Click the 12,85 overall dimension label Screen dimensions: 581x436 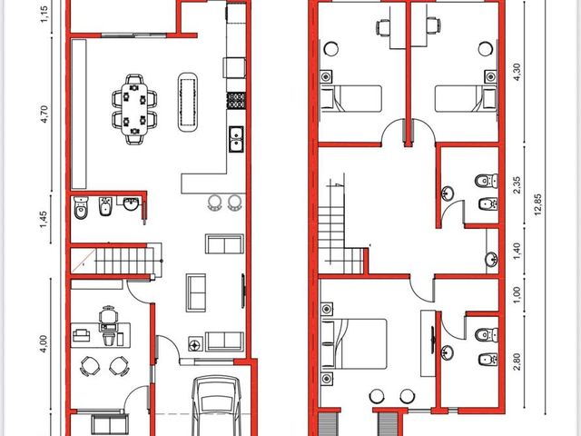pos(538,204)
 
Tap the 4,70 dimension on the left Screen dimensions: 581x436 pos(44,114)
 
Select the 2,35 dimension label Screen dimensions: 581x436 pos(517,185)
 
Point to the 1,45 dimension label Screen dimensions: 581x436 pos(44,219)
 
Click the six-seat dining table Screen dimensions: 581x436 pos(134,109)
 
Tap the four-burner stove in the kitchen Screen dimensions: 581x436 pos(236,100)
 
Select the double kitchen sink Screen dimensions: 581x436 pos(236,139)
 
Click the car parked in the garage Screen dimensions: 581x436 pos(217,406)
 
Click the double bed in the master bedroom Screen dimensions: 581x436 pos(354,343)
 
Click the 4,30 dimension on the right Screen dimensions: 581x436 pos(517,72)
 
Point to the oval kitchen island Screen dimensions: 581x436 pos(188,102)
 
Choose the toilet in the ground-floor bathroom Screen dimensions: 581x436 pos(81,208)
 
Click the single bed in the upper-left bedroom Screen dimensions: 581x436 pos(351,99)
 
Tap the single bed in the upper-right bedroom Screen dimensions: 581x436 pos(466,99)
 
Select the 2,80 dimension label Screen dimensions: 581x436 pos(517,362)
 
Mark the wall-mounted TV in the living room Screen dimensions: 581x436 pos(243,291)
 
